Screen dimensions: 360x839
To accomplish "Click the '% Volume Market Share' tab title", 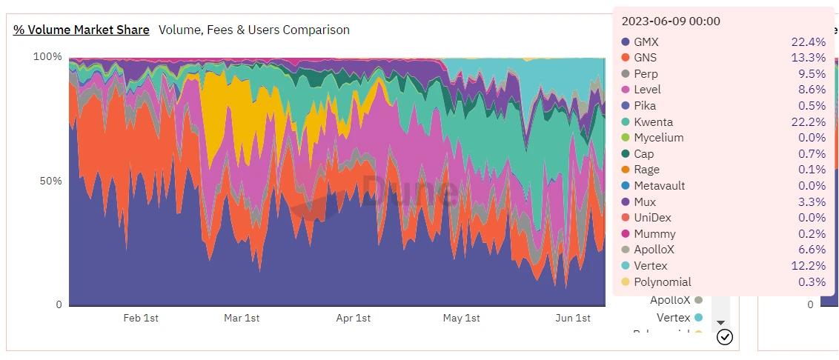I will [82, 30].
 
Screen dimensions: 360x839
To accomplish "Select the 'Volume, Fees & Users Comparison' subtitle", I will [254, 30].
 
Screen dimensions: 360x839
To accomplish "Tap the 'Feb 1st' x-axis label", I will [141, 319].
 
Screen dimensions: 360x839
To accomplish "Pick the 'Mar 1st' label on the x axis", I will [242, 319].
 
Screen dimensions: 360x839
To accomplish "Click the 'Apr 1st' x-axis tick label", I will [354, 319].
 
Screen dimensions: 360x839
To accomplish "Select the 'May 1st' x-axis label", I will [462, 319].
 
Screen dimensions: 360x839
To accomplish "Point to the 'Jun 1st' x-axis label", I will [573, 319].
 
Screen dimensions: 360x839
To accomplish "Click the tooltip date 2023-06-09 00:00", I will [671, 21].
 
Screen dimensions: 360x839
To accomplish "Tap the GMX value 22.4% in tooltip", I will [808, 42].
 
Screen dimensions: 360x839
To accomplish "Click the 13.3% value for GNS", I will [808, 58].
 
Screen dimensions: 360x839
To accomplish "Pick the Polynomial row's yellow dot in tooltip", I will [626, 282].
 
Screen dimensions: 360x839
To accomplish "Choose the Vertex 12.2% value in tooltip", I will [808, 266].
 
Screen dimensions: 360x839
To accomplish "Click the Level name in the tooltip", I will [647, 90].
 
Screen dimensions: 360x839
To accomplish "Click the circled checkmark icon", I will [725, 338].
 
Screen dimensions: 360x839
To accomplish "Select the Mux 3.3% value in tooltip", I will [810, 201].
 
